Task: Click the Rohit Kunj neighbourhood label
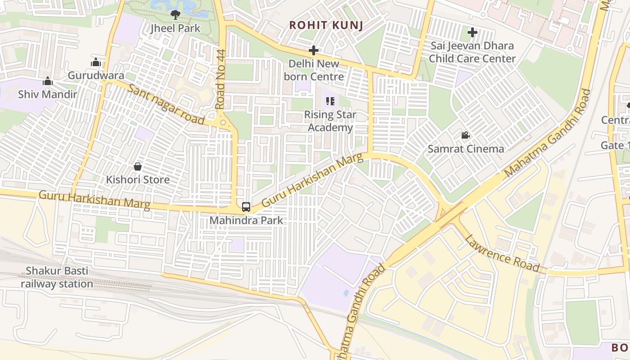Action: tap(326, 25)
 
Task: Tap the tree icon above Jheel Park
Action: tap(175, 15)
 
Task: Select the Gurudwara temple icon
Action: tap(95, 62)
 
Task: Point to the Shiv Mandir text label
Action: tap(48, 94)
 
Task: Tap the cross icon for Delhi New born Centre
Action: tap(314, 50)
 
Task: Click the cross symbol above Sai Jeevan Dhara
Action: tap(472, 32)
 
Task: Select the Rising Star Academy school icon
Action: tap(330, 102)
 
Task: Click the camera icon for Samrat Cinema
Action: tap(465, 135)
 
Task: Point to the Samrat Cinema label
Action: tap(466, 148)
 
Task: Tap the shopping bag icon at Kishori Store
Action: tap(138, 166)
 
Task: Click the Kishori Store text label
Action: tap(138, 180)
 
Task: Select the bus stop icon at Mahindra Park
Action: tap(246, 207)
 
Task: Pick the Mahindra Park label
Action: tap(247, 220)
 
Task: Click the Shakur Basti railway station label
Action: tap(57, 277)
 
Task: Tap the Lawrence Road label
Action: tap(502, 253)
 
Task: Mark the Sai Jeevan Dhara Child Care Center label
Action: tap(472, 52)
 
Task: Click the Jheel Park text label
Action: tap(175, 28)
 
